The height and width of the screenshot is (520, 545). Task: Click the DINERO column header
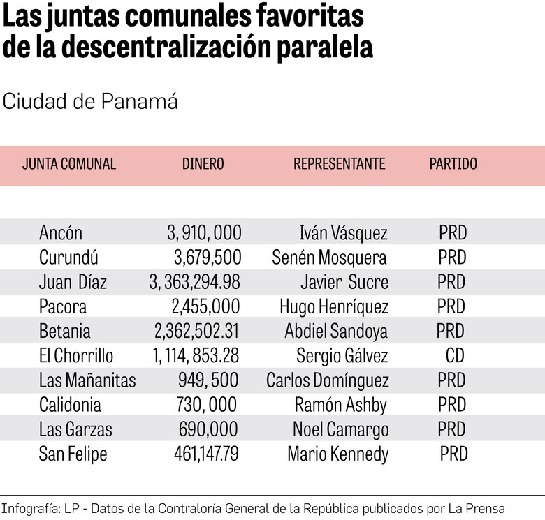(203, 164)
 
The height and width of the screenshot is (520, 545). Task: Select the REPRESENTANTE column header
(339, 164)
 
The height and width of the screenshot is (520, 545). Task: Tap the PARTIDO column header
(453, 164)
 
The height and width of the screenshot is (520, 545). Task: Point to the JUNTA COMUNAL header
(69, 164)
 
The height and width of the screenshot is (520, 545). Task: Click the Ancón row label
(61, 233)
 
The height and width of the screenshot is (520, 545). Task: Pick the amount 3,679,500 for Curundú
(208, 258)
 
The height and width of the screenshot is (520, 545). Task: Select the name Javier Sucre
(344, 283)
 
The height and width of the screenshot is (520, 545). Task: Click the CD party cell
(455, 356)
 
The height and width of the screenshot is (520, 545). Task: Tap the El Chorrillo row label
(76, 356)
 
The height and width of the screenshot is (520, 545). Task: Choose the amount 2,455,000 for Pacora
(205, 307)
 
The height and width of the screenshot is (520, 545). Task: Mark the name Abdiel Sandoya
(336, 332)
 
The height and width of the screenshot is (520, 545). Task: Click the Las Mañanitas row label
(87, 380)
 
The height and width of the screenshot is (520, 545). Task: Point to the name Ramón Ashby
(340, 406)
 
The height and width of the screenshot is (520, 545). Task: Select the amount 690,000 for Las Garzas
(208, 430)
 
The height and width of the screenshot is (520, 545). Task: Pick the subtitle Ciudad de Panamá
(90, 102)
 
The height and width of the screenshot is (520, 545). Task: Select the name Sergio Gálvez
(342, 356)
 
